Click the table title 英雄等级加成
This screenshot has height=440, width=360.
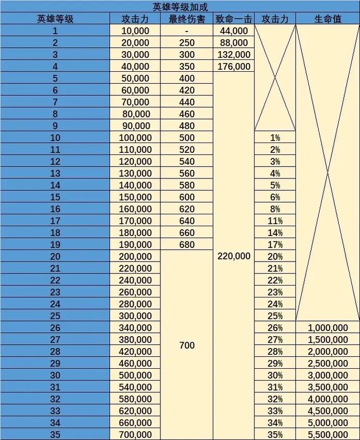(179, 7)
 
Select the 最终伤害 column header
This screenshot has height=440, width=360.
(187, 18)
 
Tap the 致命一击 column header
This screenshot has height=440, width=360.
(233, 18)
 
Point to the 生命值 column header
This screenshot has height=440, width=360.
(327, 18)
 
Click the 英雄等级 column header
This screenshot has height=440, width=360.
(55, 18)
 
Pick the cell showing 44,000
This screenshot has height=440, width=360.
(234, 31)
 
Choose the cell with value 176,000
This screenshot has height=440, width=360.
(234, 66)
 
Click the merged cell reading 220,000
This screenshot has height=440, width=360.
(234, 256)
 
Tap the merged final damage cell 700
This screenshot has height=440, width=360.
(187, 345)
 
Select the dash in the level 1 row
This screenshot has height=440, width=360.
(187, 31)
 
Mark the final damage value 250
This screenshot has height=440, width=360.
(187, 43)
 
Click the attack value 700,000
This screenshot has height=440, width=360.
(136, 435)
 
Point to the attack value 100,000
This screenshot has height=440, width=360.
(136, 138)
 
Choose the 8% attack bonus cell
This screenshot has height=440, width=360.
(275, 209)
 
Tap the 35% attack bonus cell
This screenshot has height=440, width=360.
(275, 435)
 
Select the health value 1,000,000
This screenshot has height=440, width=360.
(327, 327)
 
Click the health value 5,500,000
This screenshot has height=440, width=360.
(327, 435)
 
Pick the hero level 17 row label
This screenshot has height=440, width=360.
(55, 221)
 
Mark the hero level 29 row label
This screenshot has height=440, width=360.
(55, 363)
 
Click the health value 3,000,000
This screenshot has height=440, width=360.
(327, 375)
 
